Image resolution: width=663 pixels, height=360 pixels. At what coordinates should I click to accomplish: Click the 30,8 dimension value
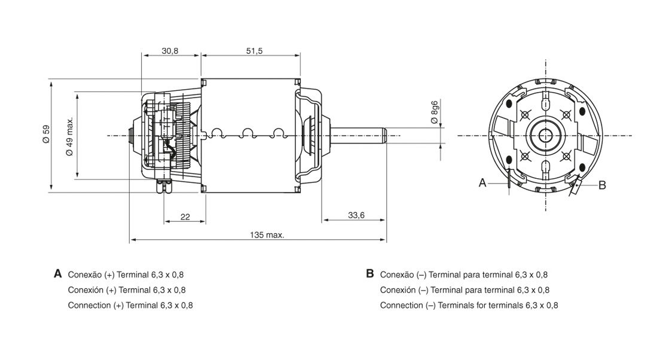click(x=170, y=51)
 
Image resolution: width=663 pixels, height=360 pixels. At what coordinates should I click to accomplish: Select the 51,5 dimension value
click(x=254, y=51)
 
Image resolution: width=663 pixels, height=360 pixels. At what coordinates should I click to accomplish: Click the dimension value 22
click(x=185, y=217)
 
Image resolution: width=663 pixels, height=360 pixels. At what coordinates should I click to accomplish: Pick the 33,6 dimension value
click(x=356, y=215)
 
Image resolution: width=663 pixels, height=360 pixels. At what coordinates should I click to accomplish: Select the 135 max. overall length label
click(x=267, y=235)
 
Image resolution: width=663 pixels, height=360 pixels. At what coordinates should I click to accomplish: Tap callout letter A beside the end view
click(x=482, y=183)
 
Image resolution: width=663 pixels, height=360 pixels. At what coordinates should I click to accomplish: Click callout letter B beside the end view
click(x=602, y=185)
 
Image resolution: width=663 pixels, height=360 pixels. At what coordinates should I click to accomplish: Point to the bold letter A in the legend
click(x=58, y=274)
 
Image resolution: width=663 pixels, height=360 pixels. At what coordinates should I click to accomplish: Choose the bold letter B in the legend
click(x=369, y=274)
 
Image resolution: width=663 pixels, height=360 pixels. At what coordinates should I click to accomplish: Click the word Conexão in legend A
click(x=84, y=275)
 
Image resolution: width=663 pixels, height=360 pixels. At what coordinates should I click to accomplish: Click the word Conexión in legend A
click(x=84, y=290)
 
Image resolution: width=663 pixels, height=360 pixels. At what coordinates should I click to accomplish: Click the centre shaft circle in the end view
click(x=545, y=136)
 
